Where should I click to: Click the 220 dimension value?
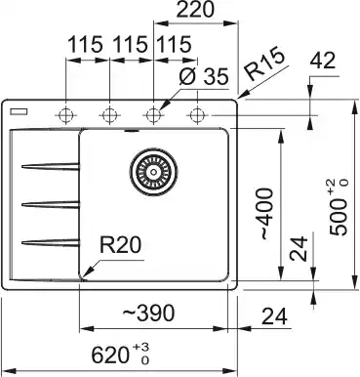click(x=195, y=10)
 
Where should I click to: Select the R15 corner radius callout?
click(x=264, y=65)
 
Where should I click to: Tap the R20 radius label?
click(x=120, y=245)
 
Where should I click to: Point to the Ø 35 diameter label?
click(x=204, y=77)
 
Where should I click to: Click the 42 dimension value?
click(x=323, y=61)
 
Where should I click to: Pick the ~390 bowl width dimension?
click(x=148, y=314)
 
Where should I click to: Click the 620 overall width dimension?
click(x=109, y=355)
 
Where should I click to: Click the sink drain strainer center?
click(x=154, y=172)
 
